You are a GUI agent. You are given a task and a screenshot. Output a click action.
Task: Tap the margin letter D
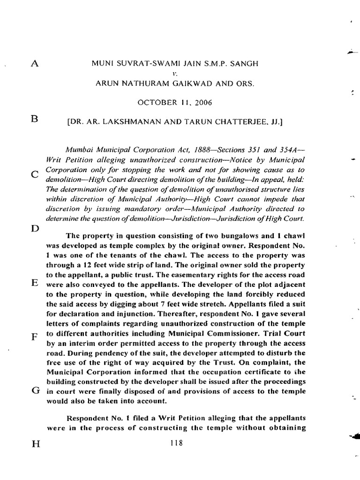click(x=34, y=229)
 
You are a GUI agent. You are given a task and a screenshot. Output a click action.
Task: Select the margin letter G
click(x=35, y=391)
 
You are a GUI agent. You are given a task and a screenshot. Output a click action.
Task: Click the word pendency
click(x=111, y=353)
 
